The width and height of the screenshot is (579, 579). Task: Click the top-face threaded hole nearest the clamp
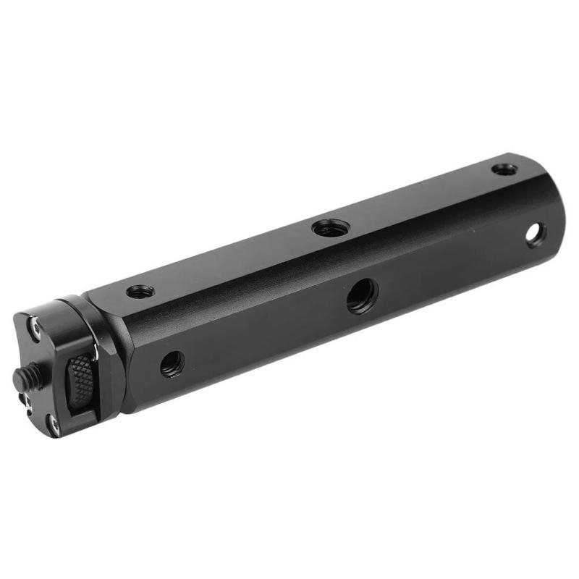140,292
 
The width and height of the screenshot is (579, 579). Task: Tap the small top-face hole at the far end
504,169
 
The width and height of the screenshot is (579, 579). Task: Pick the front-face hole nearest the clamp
172,363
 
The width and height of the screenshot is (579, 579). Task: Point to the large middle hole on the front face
361,296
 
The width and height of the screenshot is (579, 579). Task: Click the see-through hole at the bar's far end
536,234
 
